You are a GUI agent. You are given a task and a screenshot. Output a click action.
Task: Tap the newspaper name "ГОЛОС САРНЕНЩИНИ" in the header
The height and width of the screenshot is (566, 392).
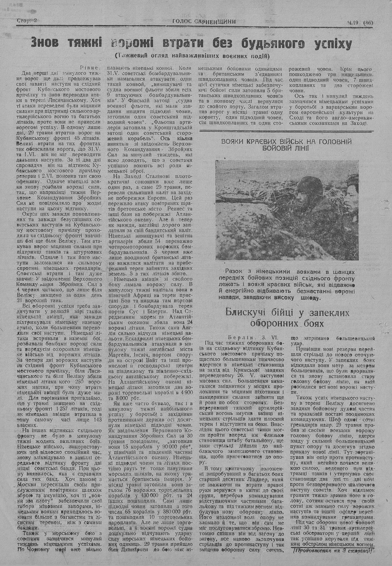[204, 22]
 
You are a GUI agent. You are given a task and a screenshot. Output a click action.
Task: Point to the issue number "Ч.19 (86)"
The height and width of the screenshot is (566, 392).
[362, 22]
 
